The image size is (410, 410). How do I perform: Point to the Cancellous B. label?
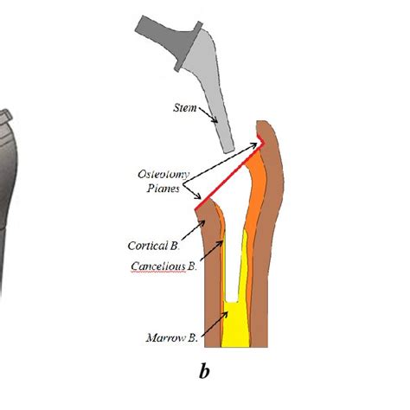point(163,265)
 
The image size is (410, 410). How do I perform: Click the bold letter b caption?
point(204,372)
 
